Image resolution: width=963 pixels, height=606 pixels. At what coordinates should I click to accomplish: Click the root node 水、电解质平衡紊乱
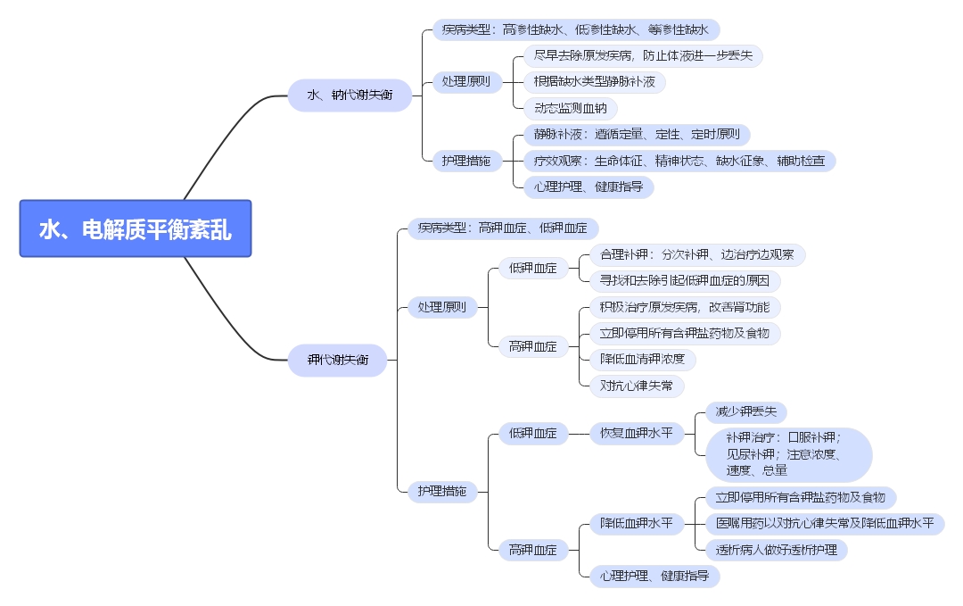[136, 228]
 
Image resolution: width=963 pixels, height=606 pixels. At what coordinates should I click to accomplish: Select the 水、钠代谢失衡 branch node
[350, 95]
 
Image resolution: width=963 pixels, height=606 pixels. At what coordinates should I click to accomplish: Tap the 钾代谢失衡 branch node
[337, 360]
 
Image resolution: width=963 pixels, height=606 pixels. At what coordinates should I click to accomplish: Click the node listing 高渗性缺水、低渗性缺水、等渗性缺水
[576, 29]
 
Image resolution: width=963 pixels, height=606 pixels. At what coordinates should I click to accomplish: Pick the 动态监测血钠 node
[570, 108]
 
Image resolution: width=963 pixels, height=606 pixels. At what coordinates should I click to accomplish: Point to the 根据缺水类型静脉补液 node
[594, 82]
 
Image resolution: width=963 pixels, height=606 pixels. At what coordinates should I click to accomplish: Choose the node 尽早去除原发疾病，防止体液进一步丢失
[642, 55]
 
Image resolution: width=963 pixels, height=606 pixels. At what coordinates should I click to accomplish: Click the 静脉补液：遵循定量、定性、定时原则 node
[637, 135]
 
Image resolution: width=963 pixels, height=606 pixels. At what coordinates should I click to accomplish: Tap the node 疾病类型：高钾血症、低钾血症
[503, 228]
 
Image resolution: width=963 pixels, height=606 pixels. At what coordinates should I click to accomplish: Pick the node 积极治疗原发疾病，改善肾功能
[685, 307]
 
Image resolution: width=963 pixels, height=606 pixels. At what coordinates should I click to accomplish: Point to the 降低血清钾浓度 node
[642, 359]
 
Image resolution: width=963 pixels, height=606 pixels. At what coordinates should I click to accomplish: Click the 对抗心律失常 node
[637, 386]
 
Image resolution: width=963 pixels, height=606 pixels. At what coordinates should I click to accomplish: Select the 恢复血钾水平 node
[636, 434]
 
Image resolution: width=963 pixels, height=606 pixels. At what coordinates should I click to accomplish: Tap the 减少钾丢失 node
[745, 411]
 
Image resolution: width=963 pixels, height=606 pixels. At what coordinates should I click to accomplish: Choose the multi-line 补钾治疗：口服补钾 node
[787, 454]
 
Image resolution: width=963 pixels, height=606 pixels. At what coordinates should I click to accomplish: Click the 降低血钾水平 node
[636, 523]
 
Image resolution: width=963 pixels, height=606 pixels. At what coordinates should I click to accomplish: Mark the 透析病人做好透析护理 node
[775, 550]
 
